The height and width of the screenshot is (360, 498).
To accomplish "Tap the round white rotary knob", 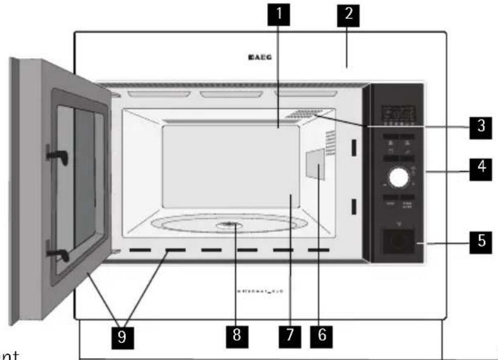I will pyautogui.click(x=398, y=177).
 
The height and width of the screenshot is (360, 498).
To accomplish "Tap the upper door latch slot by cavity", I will pyautogui.click(x=352, y=148).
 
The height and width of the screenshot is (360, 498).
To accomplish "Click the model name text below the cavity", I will pyautogui.click(x=259, y=291).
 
